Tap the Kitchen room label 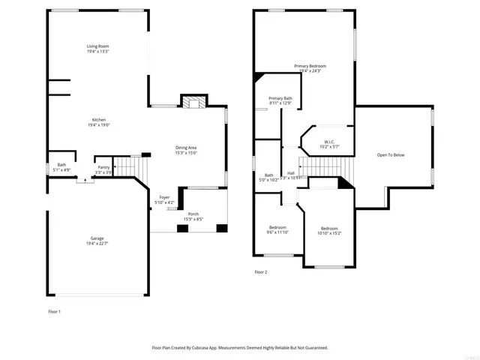99,120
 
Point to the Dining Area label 186,147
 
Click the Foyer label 164,199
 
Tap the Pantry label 103,167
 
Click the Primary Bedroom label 310,66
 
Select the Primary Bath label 280,98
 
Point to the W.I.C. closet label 329,141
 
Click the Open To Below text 391,154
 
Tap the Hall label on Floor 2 290,173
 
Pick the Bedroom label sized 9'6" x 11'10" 278,227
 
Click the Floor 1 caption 54,310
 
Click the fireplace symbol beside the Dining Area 193,101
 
